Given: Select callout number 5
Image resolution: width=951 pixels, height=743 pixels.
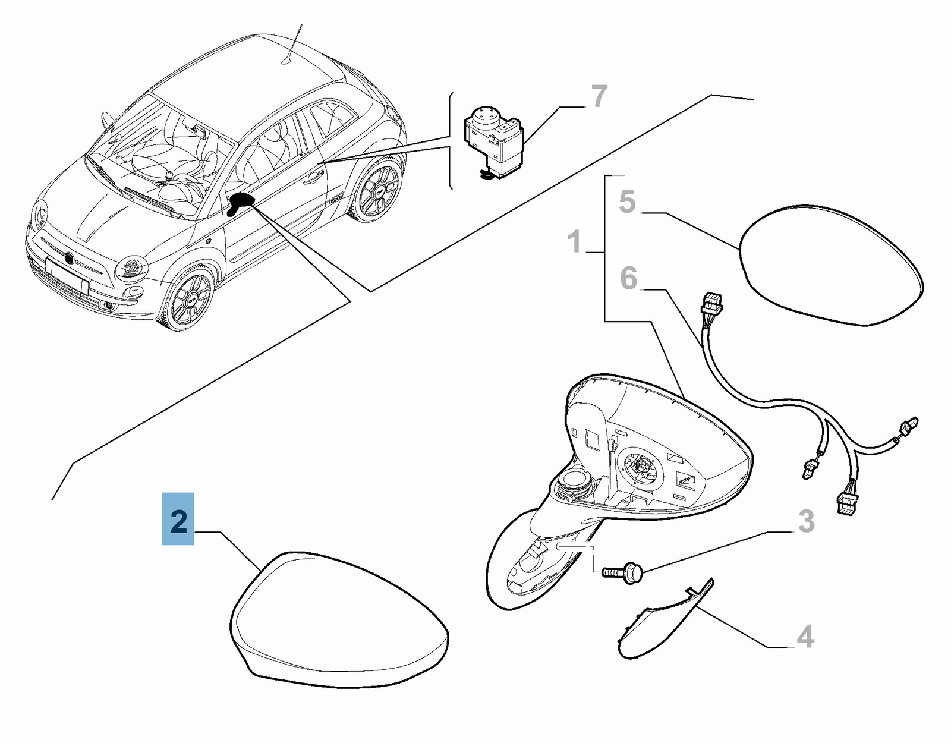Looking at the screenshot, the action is tap(627, 202).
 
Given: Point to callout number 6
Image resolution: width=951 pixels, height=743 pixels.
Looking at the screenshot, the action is tap(629, 278).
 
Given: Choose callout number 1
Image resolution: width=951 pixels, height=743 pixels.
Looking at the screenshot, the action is tap(575, 242).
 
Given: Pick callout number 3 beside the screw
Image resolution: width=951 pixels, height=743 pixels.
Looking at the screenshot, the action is tap(806, 521).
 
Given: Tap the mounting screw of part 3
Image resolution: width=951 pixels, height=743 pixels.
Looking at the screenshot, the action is tap(622, 571).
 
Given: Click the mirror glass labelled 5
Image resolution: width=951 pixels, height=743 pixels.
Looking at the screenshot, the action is tap(830, 266).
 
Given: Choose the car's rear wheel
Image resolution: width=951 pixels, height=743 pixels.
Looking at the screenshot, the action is tap(377, 188).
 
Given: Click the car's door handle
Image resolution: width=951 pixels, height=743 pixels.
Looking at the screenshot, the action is tap(314, 177).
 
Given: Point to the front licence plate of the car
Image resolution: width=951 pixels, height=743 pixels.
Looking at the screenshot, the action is tap(67, 273).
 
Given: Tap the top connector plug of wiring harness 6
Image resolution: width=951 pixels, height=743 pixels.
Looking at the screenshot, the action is tap(711, 306).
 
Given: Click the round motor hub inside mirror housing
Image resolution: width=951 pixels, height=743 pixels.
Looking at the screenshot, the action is tap(643, 471).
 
